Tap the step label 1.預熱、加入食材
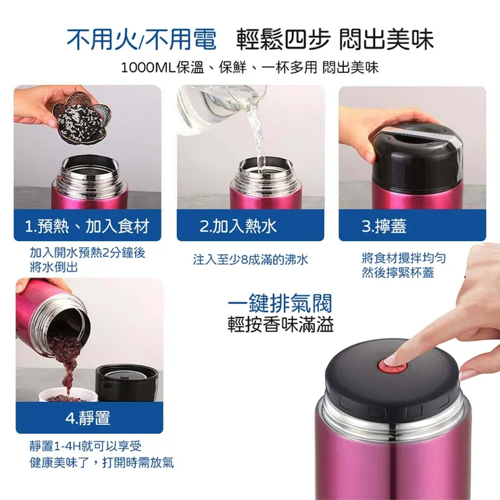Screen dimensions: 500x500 86,226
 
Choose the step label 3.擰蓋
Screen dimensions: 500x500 384,226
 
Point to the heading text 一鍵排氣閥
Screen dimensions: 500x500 280,303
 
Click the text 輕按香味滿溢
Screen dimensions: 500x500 280,324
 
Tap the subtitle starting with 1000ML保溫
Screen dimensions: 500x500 249,68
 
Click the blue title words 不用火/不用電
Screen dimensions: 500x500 141,39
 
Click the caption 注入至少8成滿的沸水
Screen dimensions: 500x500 250,259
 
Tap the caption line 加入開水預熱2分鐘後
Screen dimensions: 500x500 87,252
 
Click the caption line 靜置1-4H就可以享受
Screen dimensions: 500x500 86,447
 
